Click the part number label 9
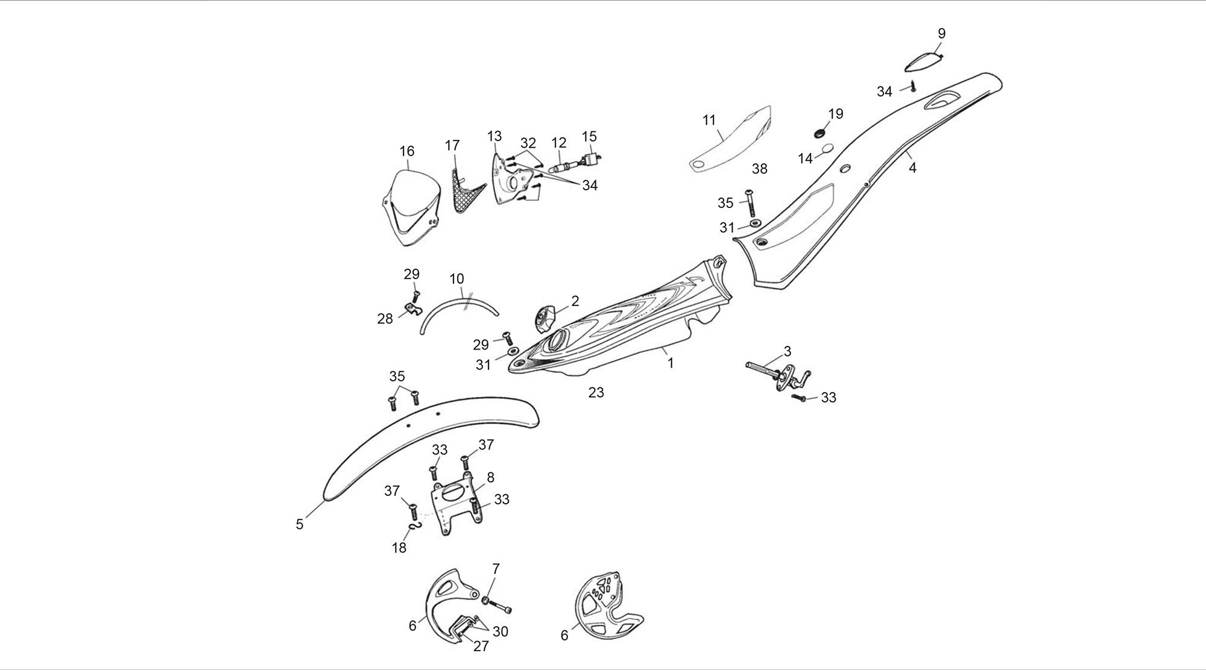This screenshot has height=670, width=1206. pyautogui.click(x=941, y=34)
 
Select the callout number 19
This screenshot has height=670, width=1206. pyautogui.click(x=836, y=114)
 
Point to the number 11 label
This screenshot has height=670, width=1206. pyautogui.click(x=709, y=120)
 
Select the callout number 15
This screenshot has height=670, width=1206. pyautogui.click(x=589, y=136)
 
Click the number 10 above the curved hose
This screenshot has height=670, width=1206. pyautogui.click(x=456, y=279)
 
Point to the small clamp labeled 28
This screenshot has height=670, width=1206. pyautogui.click(x=412, y=310)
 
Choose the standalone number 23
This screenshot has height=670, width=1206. pyautogui.click(x=596, y=393)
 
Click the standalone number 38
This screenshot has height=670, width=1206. pyautogui.click(x=760, y=169)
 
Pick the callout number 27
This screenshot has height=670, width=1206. pyautogui.click(x=481, y=647)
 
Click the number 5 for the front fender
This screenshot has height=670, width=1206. pyautogui.click(x=300, y=524)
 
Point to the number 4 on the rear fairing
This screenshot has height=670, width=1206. pyautogui.click(x=912, y=168)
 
